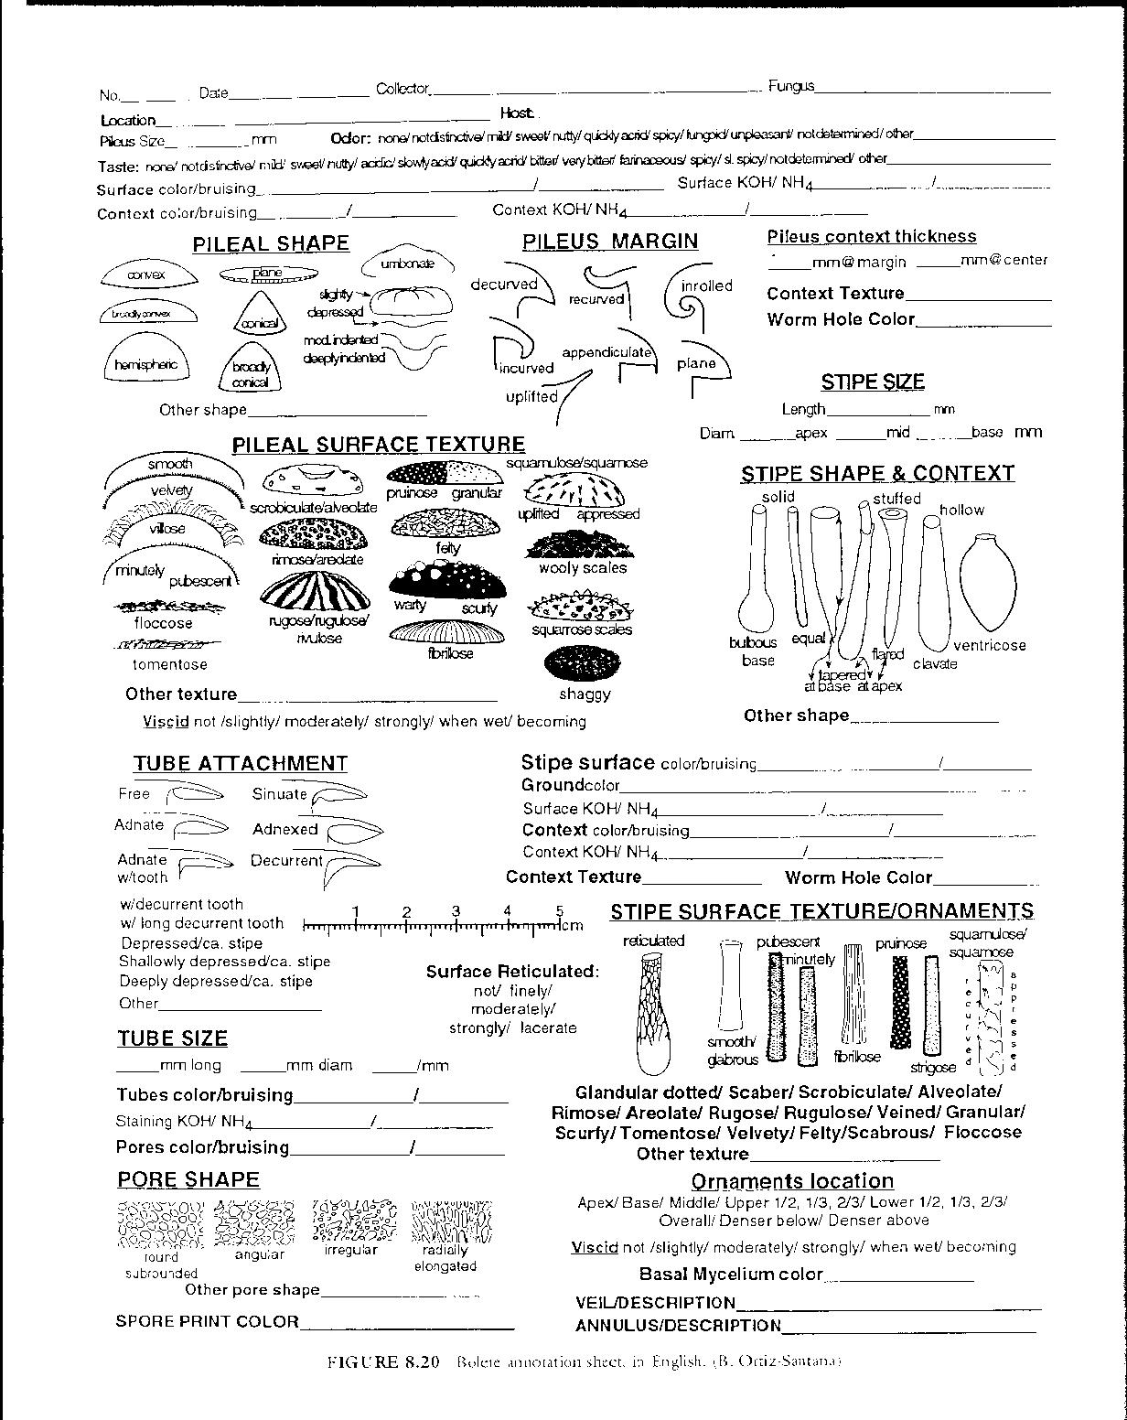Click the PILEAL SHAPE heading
pos(271,244)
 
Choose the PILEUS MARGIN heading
pos(610,242)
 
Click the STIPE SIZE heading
pos(872,382)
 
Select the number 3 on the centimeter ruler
pos(456,911)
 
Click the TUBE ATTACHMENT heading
pos(240,764)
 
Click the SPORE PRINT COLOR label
pos(207,1321)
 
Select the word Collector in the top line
pos(402,90)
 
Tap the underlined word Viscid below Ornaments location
pos(595,1247)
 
